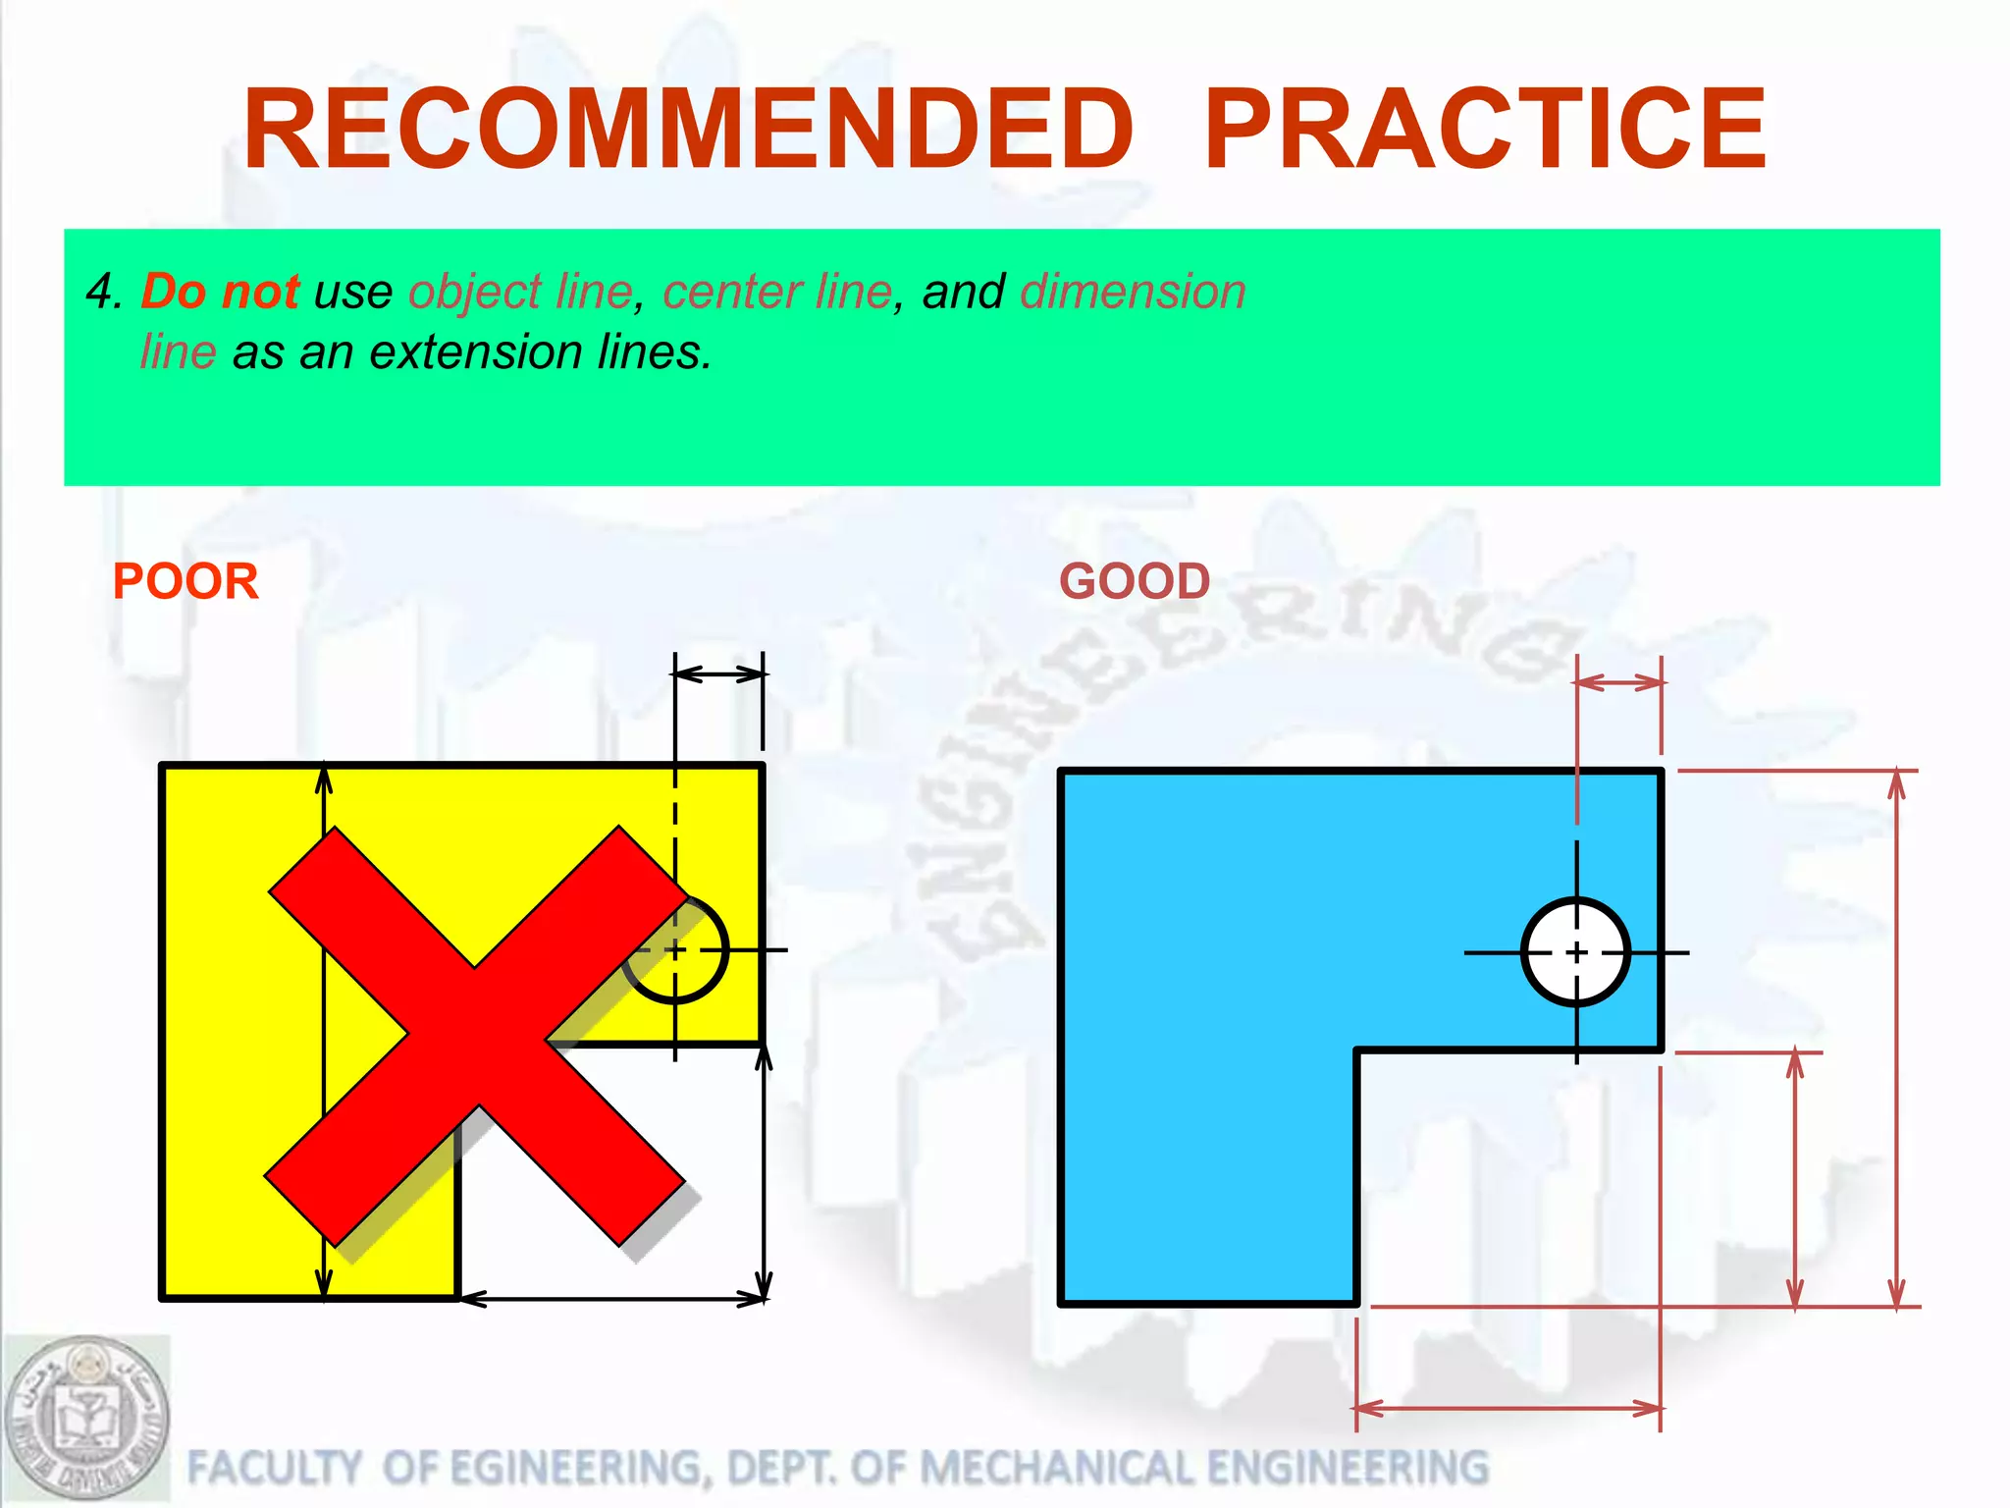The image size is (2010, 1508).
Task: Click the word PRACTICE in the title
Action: tap(1485, 130)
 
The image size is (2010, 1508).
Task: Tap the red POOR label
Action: tap(185, 581)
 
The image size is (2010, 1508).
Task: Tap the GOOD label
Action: tap(1135, 581)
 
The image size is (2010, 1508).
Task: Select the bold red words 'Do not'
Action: tap(220, 292)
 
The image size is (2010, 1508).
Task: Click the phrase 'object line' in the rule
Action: tap(520, 292)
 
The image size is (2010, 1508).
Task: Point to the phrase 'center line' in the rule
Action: tap(777, 292)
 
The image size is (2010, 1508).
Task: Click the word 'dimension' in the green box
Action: tap(1133, 292)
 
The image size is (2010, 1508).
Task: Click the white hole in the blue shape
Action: tap(1576, 951)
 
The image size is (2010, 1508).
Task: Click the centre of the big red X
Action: tap(476, 1036)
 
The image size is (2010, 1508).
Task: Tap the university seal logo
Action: tap(86, 1418)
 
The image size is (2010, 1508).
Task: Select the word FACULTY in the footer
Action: tap(274, 1468)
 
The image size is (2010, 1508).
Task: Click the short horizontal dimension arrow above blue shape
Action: tap(1619, 682)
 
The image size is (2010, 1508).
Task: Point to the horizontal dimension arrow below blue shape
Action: tap(1508, 1409)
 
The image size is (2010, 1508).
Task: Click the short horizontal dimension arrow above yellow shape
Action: tap(719, 673)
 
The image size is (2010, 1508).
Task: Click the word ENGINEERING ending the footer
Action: tap(1348, 1468)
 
